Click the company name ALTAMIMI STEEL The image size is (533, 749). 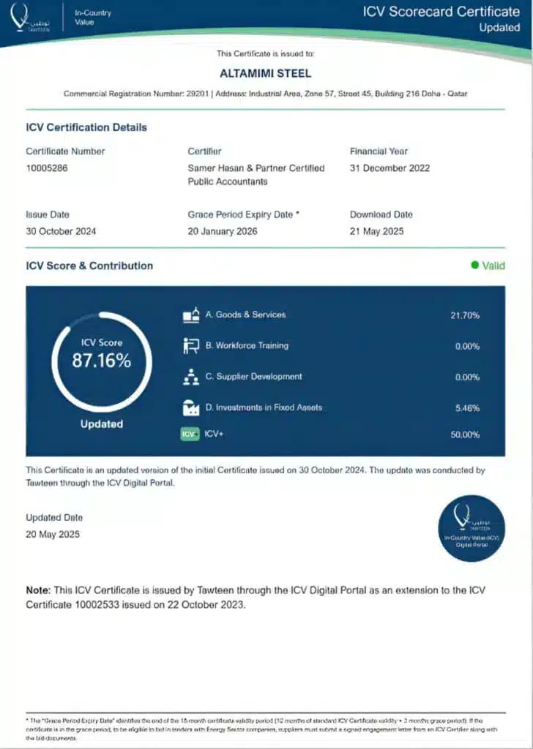265,73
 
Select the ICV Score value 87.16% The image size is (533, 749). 101,360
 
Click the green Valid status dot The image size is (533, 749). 474,266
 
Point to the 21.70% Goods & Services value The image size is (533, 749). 465,315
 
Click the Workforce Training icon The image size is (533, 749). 191,346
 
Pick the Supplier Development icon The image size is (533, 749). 191,377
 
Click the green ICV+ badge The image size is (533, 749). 190,434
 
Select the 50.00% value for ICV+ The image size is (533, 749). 465,434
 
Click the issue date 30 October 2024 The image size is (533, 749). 61,231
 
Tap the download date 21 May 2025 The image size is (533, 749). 381,231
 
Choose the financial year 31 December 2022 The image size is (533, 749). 389,168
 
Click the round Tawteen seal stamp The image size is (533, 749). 471,528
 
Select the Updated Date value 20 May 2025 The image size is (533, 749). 53,534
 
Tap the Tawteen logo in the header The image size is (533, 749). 29,18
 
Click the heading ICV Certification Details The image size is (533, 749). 86,127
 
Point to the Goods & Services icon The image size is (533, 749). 191,315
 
